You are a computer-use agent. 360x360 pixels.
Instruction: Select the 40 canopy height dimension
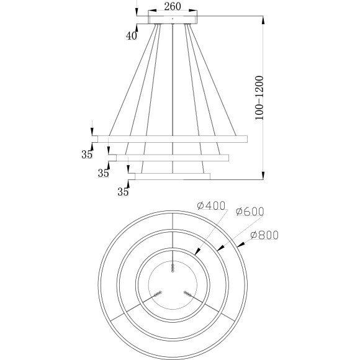click(x=131, y=36)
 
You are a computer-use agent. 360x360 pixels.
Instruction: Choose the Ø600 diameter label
click(x=250, y=212)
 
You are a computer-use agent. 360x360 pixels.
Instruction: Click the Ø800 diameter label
click(x=264, y=235)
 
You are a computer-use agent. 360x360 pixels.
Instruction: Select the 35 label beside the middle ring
click(x=103, y=173)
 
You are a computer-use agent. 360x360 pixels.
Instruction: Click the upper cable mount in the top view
click(x=173, y=267)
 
